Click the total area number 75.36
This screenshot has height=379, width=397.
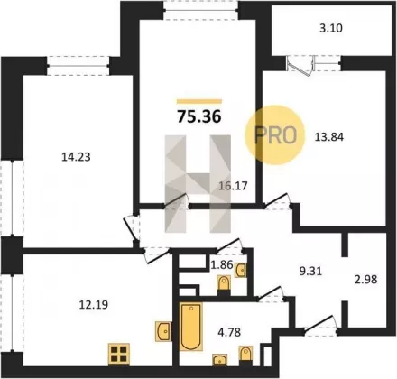tap(199, 116)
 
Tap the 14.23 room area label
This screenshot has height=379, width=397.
tap(76, 157)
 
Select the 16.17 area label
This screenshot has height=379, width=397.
tap(233, 186)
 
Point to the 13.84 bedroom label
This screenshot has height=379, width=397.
tap(329, 137)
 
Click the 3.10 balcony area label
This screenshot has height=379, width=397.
tap(331, 28)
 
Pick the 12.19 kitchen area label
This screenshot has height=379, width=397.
tap(94, 305)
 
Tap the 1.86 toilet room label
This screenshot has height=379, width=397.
tap(222, 264)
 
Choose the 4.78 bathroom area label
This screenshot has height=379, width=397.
tap(229, 332)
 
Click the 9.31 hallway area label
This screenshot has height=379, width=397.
tap(311, 272)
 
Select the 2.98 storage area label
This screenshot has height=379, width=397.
tap(366, 280)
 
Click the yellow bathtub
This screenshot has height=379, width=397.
tap(191, 327)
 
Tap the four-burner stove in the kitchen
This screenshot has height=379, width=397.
tap(119, 354)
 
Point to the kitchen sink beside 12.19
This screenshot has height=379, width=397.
tap(163, 331)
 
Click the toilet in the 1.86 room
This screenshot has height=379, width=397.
tap(224, 284)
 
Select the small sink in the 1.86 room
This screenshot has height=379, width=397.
tap(241, 270)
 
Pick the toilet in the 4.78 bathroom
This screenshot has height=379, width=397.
tap(245, 356)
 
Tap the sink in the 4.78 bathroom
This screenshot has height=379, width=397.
tap(220, 359)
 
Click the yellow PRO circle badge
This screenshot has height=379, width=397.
tap(274, 134)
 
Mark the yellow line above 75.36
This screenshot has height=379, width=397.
tap(199, 101)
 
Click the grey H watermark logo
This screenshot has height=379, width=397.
tap(198, 184)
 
